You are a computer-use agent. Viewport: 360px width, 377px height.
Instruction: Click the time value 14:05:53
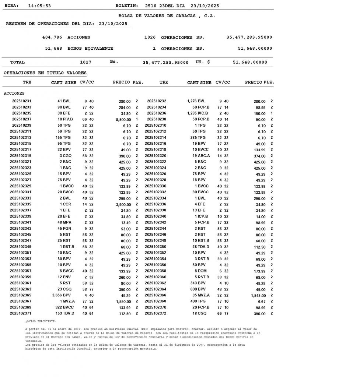coord(39,6)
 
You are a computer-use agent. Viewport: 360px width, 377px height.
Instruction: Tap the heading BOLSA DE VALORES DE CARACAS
coord(167,16)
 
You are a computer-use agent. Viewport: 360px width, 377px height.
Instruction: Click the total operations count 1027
coord(85,62)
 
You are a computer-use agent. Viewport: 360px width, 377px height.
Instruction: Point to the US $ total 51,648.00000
coord(250,62)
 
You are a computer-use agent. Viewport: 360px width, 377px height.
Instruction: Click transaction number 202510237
coord(22,119)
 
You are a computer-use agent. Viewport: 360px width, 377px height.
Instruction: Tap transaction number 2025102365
coord(21,295)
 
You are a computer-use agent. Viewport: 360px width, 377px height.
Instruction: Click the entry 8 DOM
coord(200,271)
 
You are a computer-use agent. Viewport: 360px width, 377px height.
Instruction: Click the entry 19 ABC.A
coord(201,156)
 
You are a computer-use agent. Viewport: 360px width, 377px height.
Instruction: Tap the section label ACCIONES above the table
coord(14,94)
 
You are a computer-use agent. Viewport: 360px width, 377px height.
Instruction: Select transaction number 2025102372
coord(155,313)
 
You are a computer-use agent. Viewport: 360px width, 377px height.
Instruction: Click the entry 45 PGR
coord(64,229)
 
